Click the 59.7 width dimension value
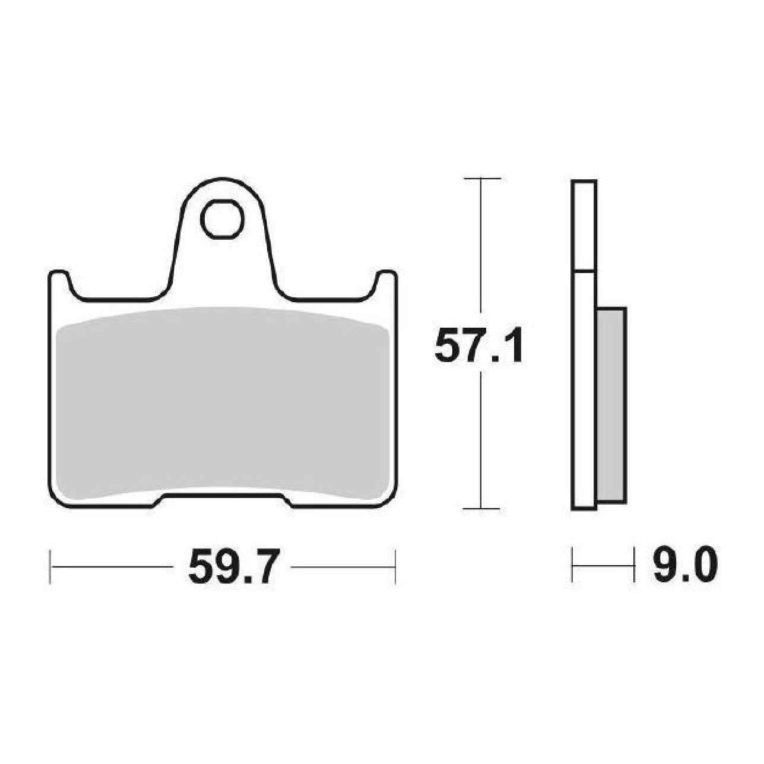click(x=232, y=568)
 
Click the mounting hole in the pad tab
click(x=221, y=219)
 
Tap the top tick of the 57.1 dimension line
click(x=481, y=179)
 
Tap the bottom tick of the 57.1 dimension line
click(x=481, y=508)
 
